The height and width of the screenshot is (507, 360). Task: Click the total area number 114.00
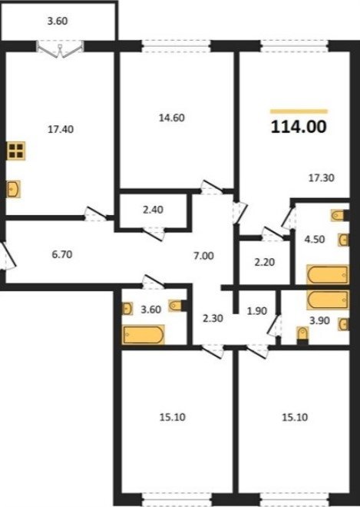pyautogui.click(x=299, y=127)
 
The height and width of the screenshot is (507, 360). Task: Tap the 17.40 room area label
pyautogui.click(x=61, y=129)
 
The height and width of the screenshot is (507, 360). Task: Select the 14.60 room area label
pyautogui.click(x=172, y=118)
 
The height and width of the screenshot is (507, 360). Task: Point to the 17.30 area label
pyautogui.click(x=321, y=178)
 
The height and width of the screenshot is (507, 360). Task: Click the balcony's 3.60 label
pyautogui.click(x=58, y=21)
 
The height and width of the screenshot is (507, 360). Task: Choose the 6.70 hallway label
pyautogui.click(x=62, y=255)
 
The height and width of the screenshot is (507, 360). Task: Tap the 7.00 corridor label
pyautogui.click(x=203, y=256)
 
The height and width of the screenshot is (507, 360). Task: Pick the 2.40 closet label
pyautogui.click(x=153, y=210)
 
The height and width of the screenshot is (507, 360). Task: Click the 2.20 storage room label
pyautogui.click(x=265, y=262)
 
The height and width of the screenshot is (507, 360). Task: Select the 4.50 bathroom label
pyautogui.click(x=315, y=240)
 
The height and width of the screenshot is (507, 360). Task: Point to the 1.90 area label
pyautogui.click(x=257, y=311)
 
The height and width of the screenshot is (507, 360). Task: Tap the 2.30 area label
pyautogui.click(x=213, y=318)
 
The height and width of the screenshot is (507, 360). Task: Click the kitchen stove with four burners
pyautogui.click(x=16, y=151)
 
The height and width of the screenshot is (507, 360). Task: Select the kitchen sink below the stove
pyautogui.click(x=14, y=189)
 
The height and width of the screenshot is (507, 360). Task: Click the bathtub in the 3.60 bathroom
pyautogui.click(x=144, y=335)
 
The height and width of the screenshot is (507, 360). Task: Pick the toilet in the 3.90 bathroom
pyautogui.click(x=302, y=335)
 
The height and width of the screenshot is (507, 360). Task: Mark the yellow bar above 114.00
pyautogui.click(x=299, y=111)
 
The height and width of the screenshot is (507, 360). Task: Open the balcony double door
pyautogui.click(x=60, y=49)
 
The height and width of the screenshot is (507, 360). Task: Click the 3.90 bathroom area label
pyautogui.click(x=319, y=320)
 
